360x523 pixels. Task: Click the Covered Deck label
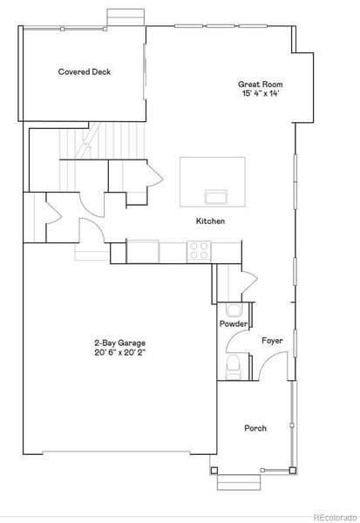coord(84,71)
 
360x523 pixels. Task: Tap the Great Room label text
coord(260,84)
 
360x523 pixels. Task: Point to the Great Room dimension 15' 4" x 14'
coord(261,93)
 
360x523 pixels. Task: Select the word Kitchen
coord(210,221)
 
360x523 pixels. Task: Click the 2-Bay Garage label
coord(119,343)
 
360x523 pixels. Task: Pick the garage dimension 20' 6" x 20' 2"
coord(119,352)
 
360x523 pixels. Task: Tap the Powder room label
coord(234,323)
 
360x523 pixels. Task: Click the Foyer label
coord(272,341)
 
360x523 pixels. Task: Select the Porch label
coord(255,428)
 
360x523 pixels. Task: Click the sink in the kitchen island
coord(216,196)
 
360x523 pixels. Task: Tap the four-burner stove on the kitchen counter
coord(199,251)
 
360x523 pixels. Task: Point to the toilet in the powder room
coord(233,367)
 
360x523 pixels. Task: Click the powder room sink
coord(234,309)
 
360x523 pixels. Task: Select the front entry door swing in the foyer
coord(273,365)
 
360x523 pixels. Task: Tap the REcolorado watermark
coord(335,517)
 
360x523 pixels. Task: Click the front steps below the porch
coord(239,482)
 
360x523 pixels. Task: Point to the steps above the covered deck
coord(126,17)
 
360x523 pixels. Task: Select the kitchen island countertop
coord(213,182)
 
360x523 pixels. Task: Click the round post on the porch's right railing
coord(292,425)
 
